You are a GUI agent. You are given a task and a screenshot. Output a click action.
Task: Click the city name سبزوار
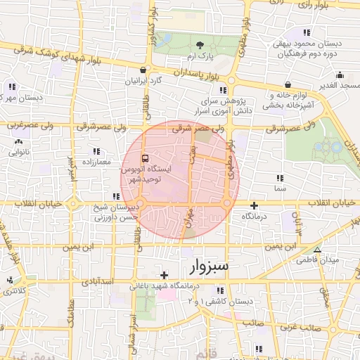(211, 266)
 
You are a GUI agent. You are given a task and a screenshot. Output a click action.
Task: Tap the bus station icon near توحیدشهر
(145, 158)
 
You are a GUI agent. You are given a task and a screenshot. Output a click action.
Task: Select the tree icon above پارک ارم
(200, 44)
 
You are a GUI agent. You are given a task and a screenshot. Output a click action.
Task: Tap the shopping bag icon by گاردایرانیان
(143, 70)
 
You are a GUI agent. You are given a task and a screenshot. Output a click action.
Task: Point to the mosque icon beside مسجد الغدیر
(340, 75)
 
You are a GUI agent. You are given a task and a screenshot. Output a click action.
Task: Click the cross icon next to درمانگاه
(255, 205)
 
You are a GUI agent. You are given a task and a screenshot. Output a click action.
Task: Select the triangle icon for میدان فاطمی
(319, 250)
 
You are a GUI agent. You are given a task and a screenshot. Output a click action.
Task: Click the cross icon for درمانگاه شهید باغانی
(164, 275)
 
